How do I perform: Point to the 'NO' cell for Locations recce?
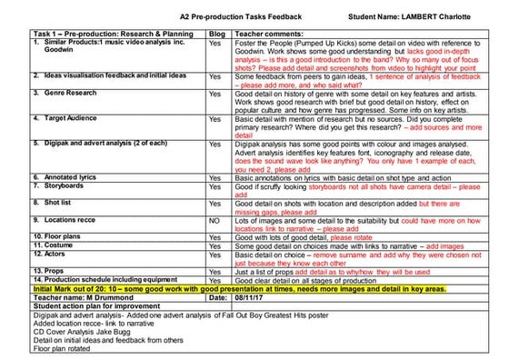point(215,219)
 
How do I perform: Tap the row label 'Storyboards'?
point(57,185)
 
